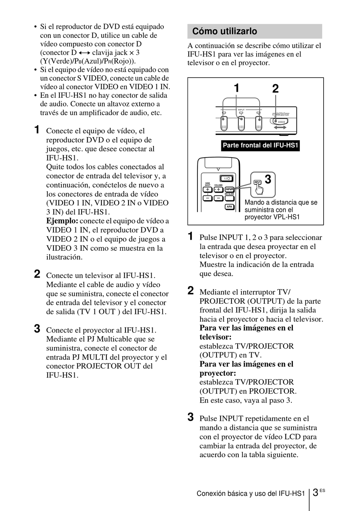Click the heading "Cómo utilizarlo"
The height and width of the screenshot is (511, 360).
(225, 31)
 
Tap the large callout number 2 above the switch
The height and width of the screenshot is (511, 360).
(275, 89)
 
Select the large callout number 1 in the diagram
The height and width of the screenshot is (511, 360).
(236, 89)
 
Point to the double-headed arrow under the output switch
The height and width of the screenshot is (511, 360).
(280, 129)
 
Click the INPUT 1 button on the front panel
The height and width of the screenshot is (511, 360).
(224, 122)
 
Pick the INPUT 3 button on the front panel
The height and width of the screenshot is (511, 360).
(259, 122)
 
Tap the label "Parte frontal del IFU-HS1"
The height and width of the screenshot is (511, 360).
(261, 145)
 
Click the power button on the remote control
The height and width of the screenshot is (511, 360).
(226, 178)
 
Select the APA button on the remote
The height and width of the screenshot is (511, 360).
(229, 207)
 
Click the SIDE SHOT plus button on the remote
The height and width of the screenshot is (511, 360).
(208, 189)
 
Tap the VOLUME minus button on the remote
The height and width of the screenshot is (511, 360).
(219, 198)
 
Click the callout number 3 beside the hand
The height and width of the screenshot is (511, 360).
(268, 179)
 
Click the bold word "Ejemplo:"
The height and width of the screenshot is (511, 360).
(62, 221)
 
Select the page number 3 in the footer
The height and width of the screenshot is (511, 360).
(315, 493)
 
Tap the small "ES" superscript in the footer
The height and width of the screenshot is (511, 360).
(322, 491)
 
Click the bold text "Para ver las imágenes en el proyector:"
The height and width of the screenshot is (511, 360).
(246, 369)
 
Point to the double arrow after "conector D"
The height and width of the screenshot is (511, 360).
(85, 53)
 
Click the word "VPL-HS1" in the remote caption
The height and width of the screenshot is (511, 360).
(286, 217)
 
